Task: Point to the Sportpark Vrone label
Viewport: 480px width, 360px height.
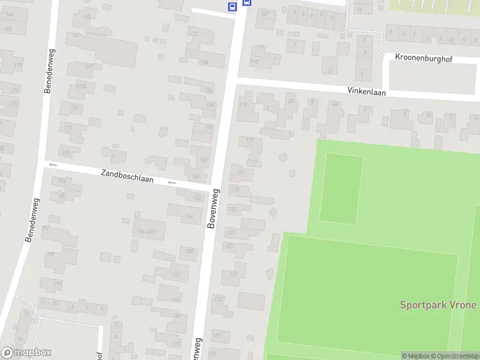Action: [x=438, y=305]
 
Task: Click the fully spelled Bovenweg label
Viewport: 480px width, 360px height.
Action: [x=214, y=208]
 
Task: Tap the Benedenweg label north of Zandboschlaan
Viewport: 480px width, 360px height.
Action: [x=48, y=71]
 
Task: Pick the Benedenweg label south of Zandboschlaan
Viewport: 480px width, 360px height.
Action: [x=31, y=220]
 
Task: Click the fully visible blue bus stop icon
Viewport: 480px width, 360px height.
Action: [x=232, y=7]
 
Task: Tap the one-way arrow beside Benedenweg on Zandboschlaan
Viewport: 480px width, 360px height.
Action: [x=53, y=164]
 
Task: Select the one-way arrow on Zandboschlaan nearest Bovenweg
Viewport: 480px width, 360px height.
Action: [x=172, y=182]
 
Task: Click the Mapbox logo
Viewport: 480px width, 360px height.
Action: [x=26, y=353]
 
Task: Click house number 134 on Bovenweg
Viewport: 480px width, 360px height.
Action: [x=204, y=62]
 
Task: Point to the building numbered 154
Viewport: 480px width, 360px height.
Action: [x=190, y=217]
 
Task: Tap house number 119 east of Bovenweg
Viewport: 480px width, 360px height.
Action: [x=250, y=140]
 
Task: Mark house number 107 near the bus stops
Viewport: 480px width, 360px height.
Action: [x=265, y=13]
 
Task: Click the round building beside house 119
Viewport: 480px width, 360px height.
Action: [x=283, y=157]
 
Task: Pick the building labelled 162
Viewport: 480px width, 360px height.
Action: [x=176, y=274]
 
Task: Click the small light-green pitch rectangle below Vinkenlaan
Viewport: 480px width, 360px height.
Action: [x=341, y=189]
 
